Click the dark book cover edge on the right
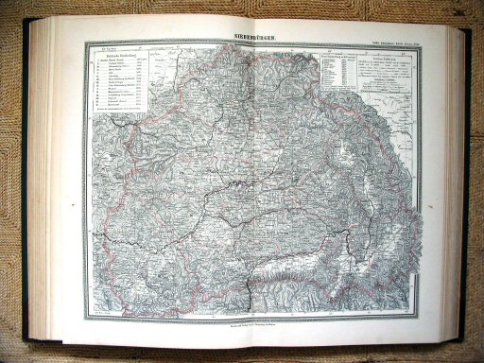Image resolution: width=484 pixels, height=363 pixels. click(467, 180)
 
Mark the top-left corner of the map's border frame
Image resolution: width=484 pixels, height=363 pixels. click(86, 42)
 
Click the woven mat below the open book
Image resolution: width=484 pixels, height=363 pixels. click(242, 352)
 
